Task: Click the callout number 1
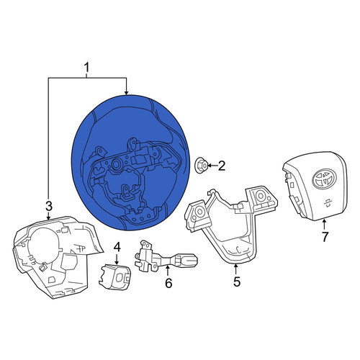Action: [x=86, y=68]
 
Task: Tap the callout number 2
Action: [x=221, y=166]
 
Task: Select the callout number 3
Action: [x=49, y=207]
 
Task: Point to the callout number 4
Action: [x=117, y=247]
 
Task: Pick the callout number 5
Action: [x=237, y=282]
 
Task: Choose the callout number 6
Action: [x=168, y=283]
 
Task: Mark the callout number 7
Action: [x=325, y=238]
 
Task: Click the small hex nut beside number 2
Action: [x=200, y=166]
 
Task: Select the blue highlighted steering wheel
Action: [x=131, y=163]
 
